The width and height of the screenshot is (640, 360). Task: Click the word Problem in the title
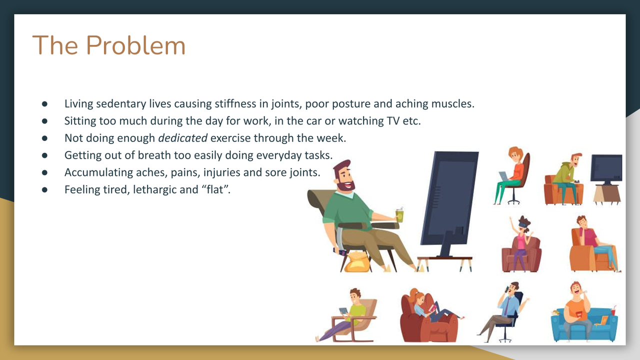coord(135,45)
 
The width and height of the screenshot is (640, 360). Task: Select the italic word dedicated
coord(183,138)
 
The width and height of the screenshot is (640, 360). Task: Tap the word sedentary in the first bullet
coord(121,103)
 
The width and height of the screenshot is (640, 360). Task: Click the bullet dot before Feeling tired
coord(44,189)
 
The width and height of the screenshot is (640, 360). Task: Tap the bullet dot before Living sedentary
coord(44,103)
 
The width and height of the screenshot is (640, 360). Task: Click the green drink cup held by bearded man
coord(399,215)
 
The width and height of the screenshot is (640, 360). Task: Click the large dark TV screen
coord(449,198)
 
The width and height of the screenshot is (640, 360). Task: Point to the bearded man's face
coord(345,178)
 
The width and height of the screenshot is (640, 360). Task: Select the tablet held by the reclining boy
coord(343,311)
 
